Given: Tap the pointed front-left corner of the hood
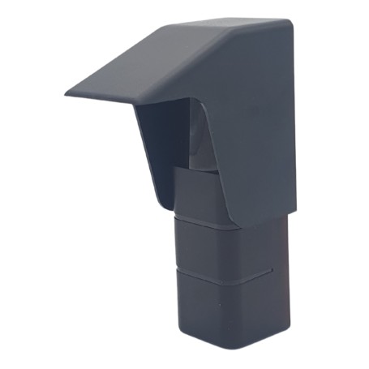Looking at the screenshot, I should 67,93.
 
